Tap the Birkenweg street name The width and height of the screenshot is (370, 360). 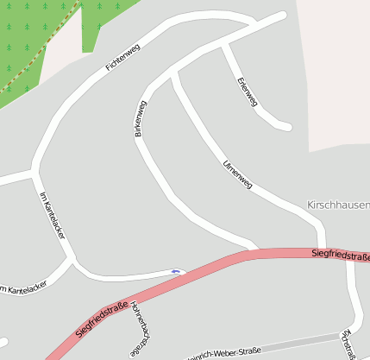pos(138,119)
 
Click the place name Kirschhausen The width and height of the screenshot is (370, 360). pos(338,205)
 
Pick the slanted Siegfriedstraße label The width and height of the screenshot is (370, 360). pos(101,319)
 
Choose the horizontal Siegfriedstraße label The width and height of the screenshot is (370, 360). pos(341,255)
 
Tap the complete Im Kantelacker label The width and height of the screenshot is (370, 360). pos(53,215)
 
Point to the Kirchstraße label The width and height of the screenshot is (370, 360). pos(348,343)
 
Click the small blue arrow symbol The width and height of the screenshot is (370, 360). pos(177,271)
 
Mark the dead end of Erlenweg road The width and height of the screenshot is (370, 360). pos(287,127)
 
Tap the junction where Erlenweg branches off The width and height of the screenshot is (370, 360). pos(223,43)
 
